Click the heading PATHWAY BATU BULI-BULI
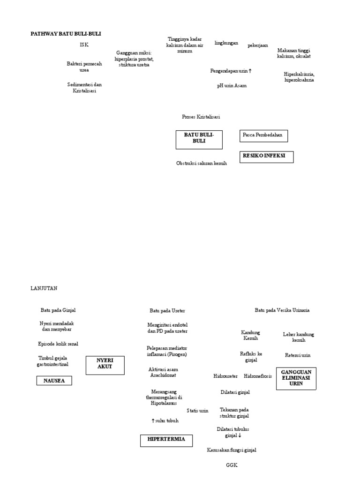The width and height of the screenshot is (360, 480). click(x=66, y=34)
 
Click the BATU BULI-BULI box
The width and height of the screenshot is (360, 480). click(x=199, y=140)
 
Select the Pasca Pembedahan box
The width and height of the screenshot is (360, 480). click(x=263, y=135)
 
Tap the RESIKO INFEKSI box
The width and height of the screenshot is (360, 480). click(x=266, y=157)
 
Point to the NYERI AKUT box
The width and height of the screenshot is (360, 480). click(x=105, y=365)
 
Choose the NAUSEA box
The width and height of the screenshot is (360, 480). click(x=54, y=381)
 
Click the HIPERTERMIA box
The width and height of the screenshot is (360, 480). click(x=166, y=440)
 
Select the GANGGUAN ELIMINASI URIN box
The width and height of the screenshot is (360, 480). click(x=296, y=378)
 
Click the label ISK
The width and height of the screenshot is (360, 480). click(x=84, y=45)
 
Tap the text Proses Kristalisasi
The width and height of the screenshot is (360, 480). click(x=201, y=117)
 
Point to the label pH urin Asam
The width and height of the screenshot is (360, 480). click(x=232, y=86)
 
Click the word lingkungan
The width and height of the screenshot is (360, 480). click(x=226, y=43)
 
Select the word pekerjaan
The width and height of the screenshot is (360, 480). click(x=258, y=45)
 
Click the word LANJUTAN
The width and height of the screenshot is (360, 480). click(x=44, y=288)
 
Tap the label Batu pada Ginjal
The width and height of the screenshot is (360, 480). click(x=58, y=310)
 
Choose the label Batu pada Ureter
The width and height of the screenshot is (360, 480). click(x=167, y=311)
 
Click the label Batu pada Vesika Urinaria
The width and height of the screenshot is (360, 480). click(x=282, y=310)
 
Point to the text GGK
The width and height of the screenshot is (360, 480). click(x=232, y=465)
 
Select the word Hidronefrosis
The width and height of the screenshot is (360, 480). click(x=259, y=376)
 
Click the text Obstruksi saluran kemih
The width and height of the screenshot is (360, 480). click(x=202, y=163)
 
